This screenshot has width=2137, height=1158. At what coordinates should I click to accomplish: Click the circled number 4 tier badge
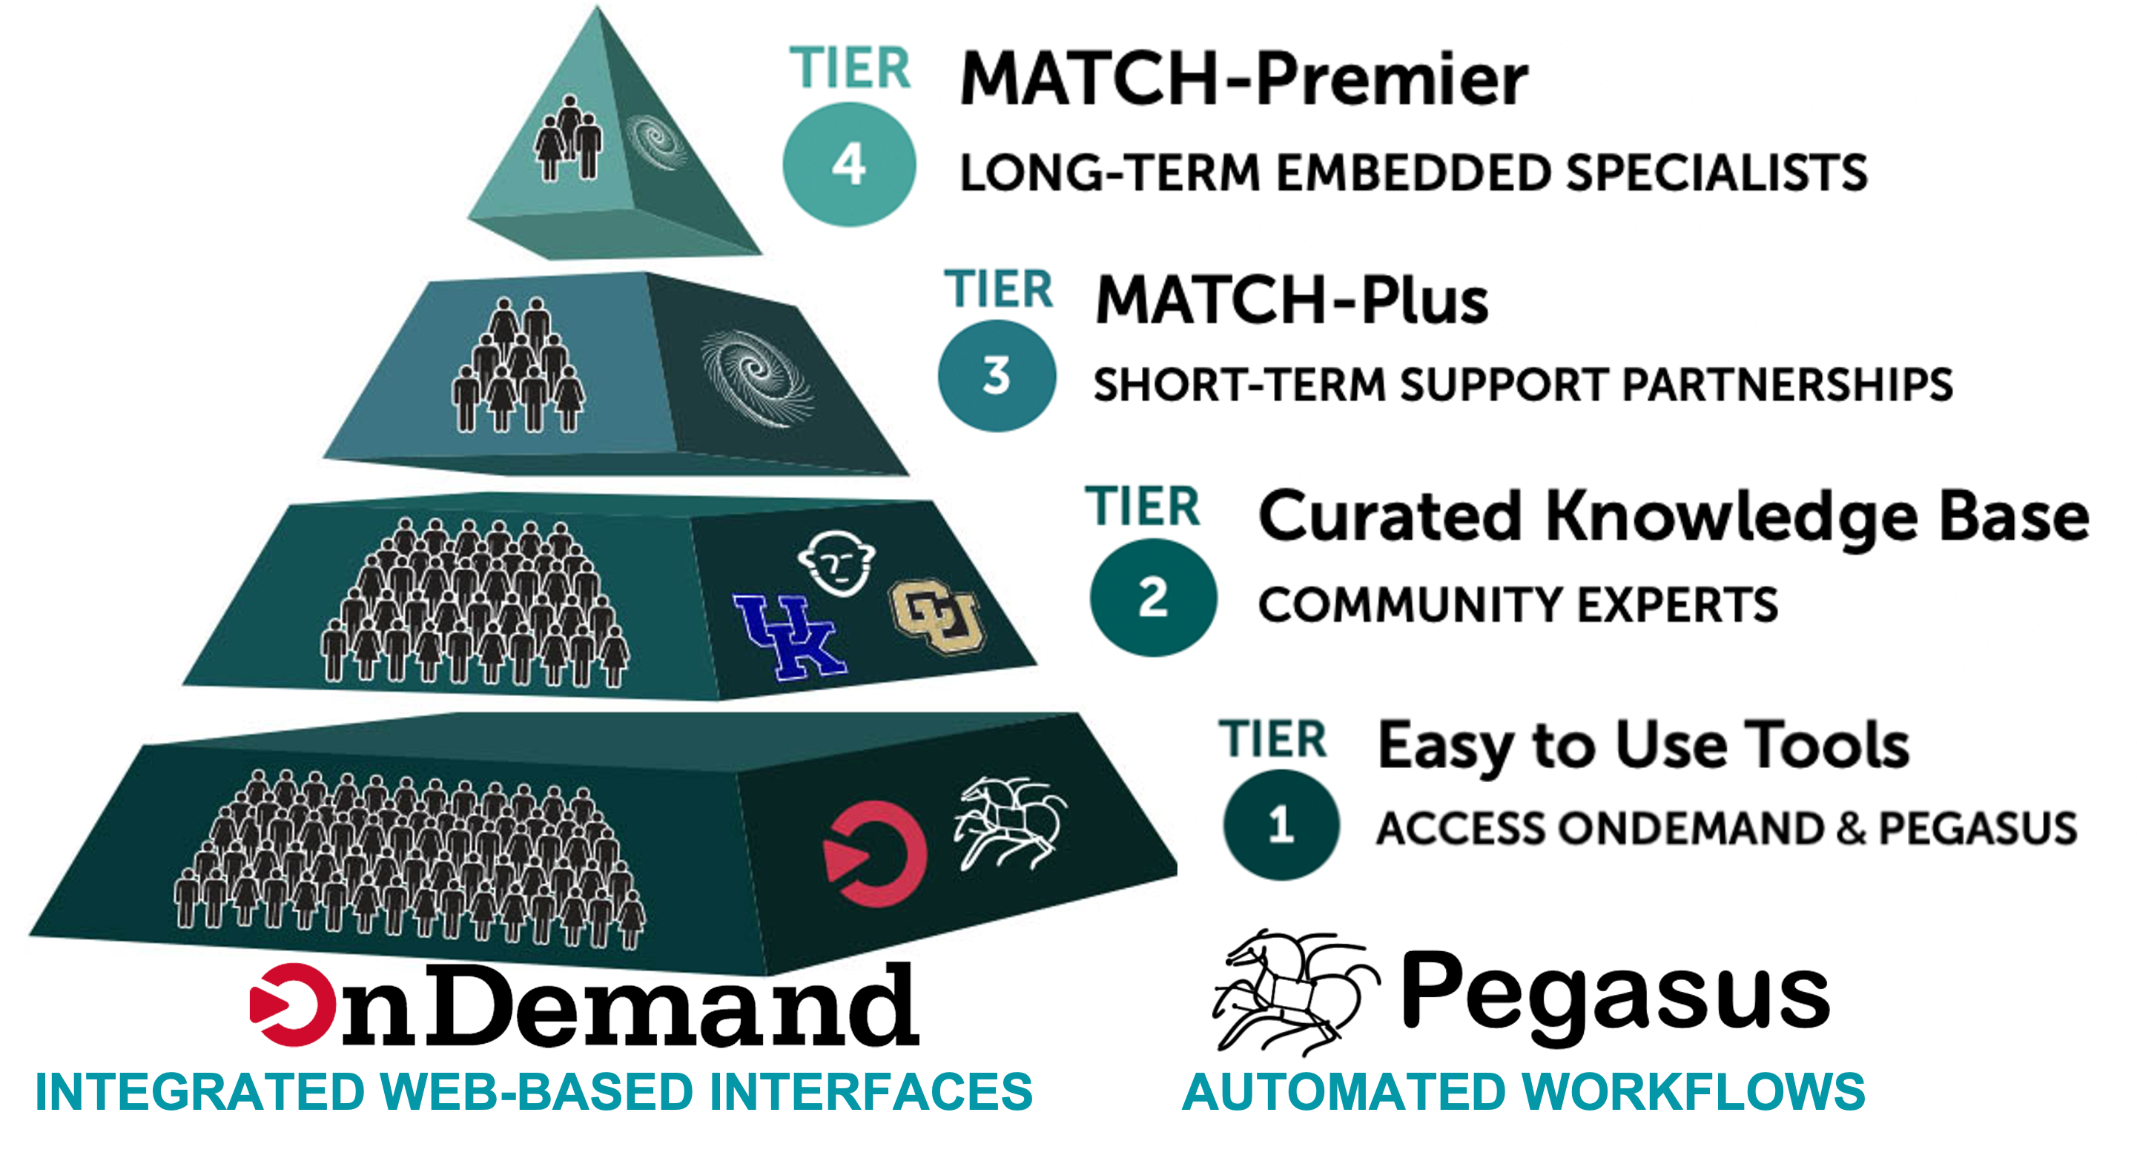tap(849, 165)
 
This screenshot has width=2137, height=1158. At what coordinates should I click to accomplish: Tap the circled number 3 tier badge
tap(997, 376)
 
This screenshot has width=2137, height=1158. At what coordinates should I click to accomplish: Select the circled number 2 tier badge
tap(1153, 598)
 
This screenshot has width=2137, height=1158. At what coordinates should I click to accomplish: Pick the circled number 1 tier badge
tap(1280, 824)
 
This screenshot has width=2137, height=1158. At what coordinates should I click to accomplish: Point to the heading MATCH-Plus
tap(1292, 300)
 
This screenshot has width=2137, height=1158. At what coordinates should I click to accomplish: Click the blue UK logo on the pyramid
tap(790, 636)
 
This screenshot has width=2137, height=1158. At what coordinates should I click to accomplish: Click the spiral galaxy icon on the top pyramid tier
tap(656, 142)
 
